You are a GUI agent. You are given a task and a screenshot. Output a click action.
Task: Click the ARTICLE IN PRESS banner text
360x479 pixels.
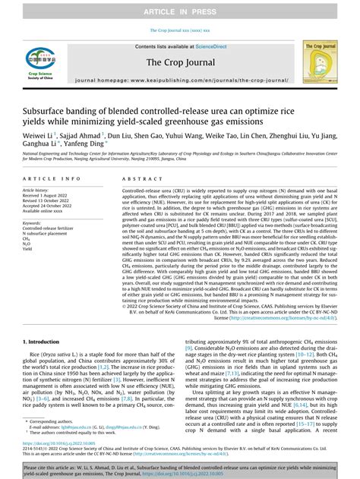(x=180, y=10)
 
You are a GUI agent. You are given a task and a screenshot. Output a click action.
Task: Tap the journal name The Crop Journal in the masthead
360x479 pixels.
(x=179, y=64)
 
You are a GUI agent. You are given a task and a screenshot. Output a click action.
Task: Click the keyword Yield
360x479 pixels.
(x=28, y=248)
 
